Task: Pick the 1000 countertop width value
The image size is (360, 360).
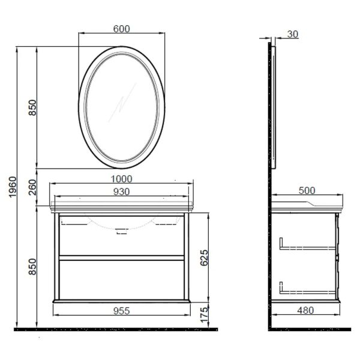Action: click(121, 178)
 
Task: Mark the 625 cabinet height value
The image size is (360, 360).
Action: click(205, 259)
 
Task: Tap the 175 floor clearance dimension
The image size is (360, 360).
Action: click(205, 314)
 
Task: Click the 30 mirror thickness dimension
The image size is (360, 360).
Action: click(293, 34)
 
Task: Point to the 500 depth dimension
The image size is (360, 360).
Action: click(307, 191)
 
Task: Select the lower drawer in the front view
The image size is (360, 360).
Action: click(121, 277)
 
